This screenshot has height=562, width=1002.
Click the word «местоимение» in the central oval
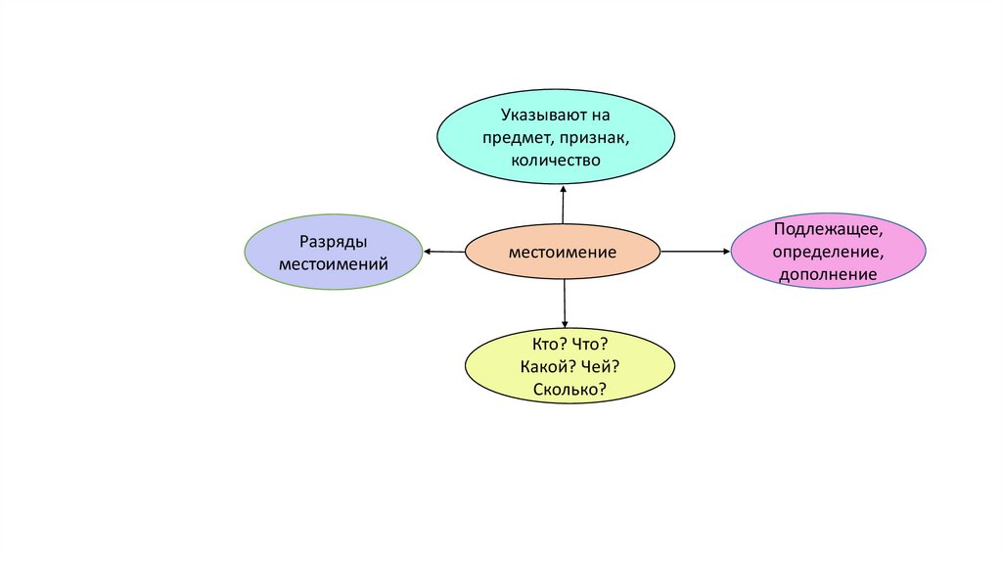pos(562,253)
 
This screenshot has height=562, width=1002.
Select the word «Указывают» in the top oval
pos(539,116)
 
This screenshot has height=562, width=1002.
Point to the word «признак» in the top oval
pos(591,137)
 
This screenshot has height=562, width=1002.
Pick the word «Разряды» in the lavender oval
pos(334,242)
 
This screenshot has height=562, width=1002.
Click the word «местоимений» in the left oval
pos(334,263)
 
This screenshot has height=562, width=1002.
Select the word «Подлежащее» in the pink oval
pos(828,230)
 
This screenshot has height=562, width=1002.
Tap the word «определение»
pos(828,253)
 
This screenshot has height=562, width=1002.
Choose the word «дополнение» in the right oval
pos(828,275)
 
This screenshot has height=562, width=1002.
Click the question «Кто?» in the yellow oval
pos(543,345)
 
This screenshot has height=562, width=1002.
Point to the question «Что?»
pos(589,345)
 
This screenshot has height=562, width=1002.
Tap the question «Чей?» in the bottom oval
pos(600,367)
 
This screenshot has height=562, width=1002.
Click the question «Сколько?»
pos(570,390)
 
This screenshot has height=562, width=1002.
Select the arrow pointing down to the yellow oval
pos(565,304)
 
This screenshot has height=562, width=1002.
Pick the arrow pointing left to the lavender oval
pos(443,252)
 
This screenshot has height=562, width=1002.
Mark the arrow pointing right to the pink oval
pos(696,252)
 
